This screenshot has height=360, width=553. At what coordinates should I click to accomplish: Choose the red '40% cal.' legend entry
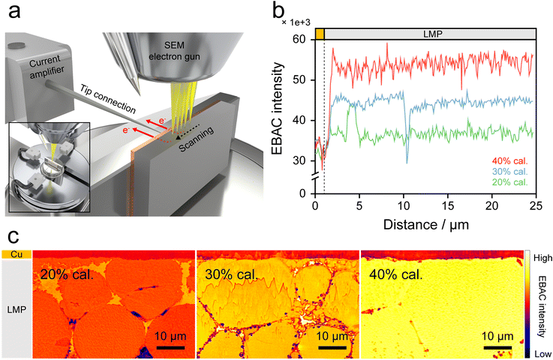click(512, 160)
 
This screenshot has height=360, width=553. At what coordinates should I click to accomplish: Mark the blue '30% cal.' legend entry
click(512, 172)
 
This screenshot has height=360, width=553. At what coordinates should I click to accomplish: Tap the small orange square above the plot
click(320, 34)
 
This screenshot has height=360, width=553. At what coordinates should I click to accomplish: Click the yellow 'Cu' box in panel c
click(16, 255)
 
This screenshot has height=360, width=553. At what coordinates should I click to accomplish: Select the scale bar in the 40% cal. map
click(497, 347)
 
